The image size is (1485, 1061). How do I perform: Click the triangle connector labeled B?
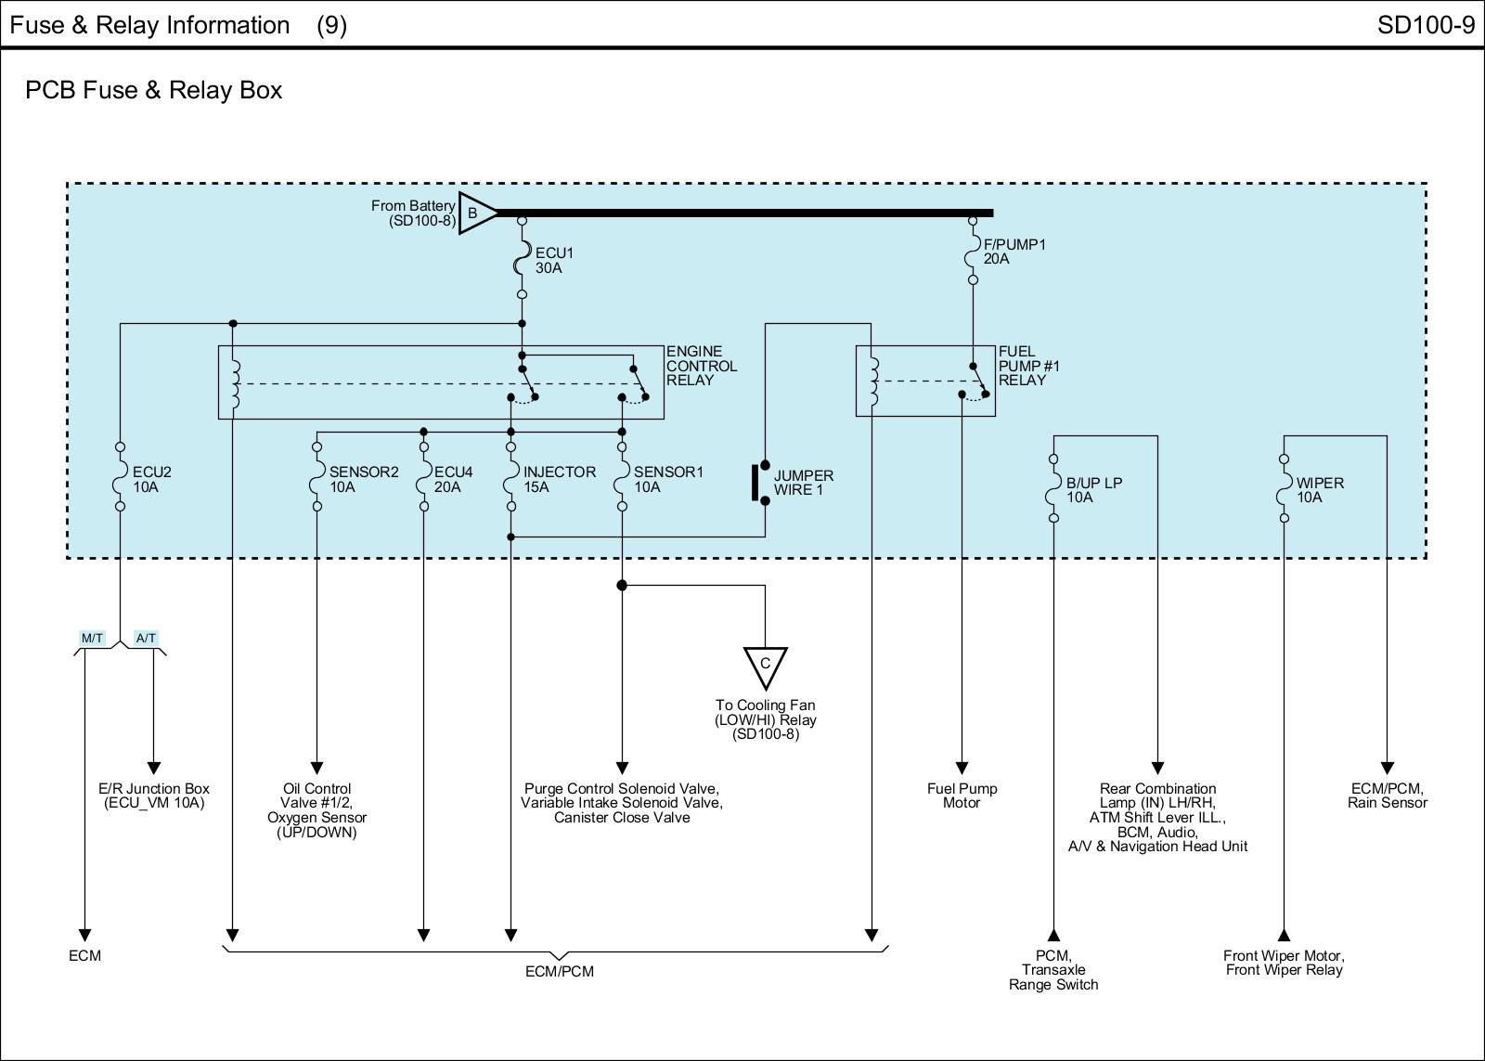474,213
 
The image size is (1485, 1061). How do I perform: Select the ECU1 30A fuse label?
549,260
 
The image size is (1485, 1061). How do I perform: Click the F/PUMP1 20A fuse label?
1014,252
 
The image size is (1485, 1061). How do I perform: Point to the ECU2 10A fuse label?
151,479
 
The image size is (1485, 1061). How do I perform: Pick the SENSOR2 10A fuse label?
364,479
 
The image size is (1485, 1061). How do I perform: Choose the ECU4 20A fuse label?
453,479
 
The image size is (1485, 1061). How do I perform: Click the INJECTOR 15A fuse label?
559,479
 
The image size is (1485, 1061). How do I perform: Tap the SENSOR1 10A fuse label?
668,479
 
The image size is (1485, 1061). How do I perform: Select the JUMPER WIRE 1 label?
804,483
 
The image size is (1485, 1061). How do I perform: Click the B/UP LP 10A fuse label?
1094,490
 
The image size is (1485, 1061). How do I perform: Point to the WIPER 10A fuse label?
1320,490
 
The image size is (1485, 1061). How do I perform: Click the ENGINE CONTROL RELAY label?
702,366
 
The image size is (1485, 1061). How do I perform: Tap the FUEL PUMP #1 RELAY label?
1028,366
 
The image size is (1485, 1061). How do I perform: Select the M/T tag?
92,638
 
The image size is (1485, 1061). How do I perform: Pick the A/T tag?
146,638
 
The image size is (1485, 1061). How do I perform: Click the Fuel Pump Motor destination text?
962,796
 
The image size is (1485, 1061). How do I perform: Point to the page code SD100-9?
1426,25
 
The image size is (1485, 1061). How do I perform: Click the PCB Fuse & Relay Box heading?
154,90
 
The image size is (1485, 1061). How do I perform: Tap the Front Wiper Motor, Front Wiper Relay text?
1284,963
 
